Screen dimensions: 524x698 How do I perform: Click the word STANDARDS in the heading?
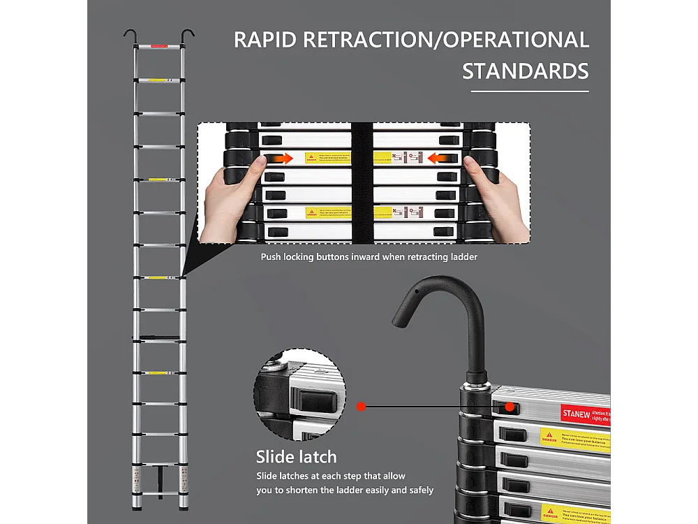click(x=526, y=71)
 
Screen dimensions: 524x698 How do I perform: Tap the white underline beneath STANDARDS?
click(x=529, y=92)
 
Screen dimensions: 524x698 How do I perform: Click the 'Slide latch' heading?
click(x=296, y=458)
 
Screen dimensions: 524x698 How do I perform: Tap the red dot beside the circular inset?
click(x=361, y=405)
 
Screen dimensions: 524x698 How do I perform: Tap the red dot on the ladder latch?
click(x=510, y=406)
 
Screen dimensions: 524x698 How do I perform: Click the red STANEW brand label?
click(x=577, y=414)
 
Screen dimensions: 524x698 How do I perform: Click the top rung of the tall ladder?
click(x=159, y=48)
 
